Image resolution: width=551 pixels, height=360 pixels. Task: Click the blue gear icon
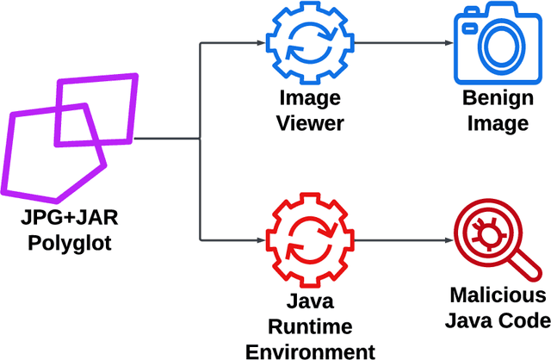pyautogui.click(x=308, y=42)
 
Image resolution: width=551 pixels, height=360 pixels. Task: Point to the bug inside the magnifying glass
pyautogui.click(x=483, y=233)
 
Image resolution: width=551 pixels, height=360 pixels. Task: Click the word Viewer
pyautogui.click(x=311, y=122)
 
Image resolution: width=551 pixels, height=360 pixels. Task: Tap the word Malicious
pyautogui.click(x=498, y=296)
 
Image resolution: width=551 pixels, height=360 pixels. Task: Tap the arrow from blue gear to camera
pyautogui.click(x=401, y=42)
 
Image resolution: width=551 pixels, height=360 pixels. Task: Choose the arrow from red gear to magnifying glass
pyautogui.click(x=401, y=239)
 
